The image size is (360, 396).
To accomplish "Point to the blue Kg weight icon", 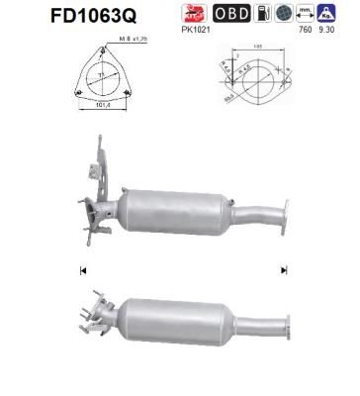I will point(323,13).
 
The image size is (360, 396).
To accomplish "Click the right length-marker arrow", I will point(284,269).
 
